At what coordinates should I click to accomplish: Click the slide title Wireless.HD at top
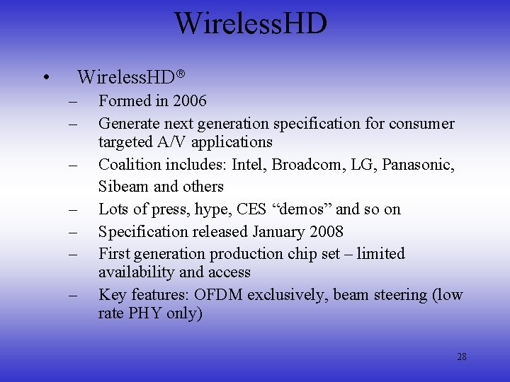(251, 23)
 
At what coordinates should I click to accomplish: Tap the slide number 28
(461, 357)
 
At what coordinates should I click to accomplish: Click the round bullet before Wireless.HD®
(45, 77)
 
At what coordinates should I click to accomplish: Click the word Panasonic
(418, 165)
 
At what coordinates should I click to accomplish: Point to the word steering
(398, 295)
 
